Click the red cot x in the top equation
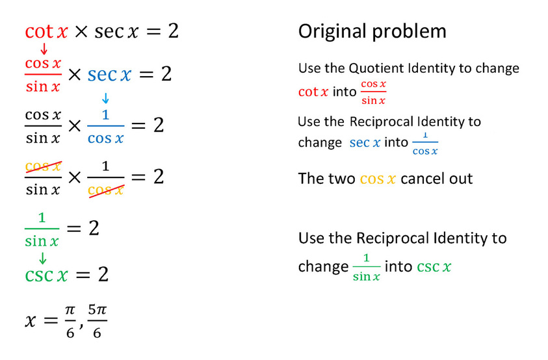tap(46, 31)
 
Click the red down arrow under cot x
tap(44, 49)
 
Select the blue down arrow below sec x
tap(106, 98)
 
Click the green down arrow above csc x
tap(43, 257)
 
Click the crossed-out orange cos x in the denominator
tap(105, 189)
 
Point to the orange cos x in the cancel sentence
tap(378, 179)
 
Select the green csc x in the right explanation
tap(434, 266)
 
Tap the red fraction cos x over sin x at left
tap(43, 75)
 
